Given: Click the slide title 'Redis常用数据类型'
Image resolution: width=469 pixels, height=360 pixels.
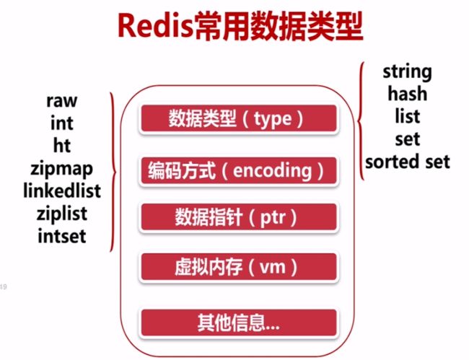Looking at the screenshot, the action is click(240, 26).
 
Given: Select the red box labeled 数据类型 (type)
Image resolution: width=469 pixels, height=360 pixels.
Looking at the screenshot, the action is click(239, 118).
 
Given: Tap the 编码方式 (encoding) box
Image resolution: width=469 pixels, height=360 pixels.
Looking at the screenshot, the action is click(239, 171).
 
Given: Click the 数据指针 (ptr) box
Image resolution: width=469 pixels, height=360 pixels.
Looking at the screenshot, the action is click(239, 217).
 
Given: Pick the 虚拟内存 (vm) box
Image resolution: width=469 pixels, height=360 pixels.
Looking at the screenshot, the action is click(239, 267).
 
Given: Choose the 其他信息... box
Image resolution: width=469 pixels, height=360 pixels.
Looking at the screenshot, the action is click(239, 322).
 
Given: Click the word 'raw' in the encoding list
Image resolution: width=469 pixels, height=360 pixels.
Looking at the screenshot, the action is click(62, 101).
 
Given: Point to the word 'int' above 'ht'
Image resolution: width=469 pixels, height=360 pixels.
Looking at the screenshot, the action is click(62, 123).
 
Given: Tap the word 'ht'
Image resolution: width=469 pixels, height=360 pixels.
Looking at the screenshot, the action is click(62, 145).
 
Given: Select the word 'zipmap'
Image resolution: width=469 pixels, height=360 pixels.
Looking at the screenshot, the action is click(61, 170).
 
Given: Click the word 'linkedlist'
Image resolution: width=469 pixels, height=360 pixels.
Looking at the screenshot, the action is click(62, 190).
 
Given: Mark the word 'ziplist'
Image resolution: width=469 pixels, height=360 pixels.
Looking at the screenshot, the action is click(62, 214).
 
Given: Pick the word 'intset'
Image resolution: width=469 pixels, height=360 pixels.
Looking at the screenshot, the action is click(62, 236).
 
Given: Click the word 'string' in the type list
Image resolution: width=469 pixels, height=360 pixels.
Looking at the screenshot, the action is click(408, 72).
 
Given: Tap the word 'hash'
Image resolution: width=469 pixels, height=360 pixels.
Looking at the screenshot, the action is click(408, 93).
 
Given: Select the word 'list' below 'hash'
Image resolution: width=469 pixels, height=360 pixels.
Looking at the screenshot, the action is click(408, 116).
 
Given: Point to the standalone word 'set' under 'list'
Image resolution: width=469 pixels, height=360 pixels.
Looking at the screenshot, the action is click(408, 139).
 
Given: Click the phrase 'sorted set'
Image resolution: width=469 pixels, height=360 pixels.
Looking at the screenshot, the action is click(408, 162).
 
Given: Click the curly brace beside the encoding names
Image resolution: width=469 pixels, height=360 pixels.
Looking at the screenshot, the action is click(115, 172).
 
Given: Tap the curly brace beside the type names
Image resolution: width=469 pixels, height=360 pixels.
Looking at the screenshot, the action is click(359, 121).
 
